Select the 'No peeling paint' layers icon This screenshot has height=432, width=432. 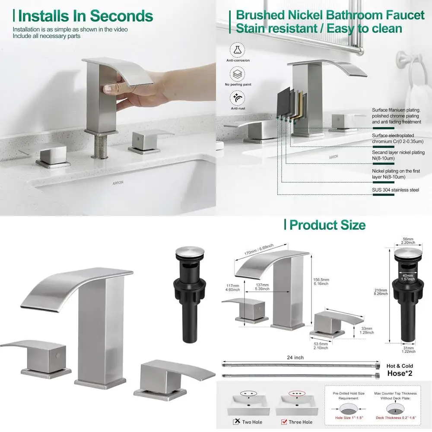236,74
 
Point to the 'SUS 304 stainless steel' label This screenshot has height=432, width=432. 396,190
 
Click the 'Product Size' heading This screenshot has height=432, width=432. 327,225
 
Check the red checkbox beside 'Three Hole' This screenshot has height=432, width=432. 284,422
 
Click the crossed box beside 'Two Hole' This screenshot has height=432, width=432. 237,422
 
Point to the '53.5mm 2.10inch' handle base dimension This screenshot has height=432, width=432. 320,345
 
